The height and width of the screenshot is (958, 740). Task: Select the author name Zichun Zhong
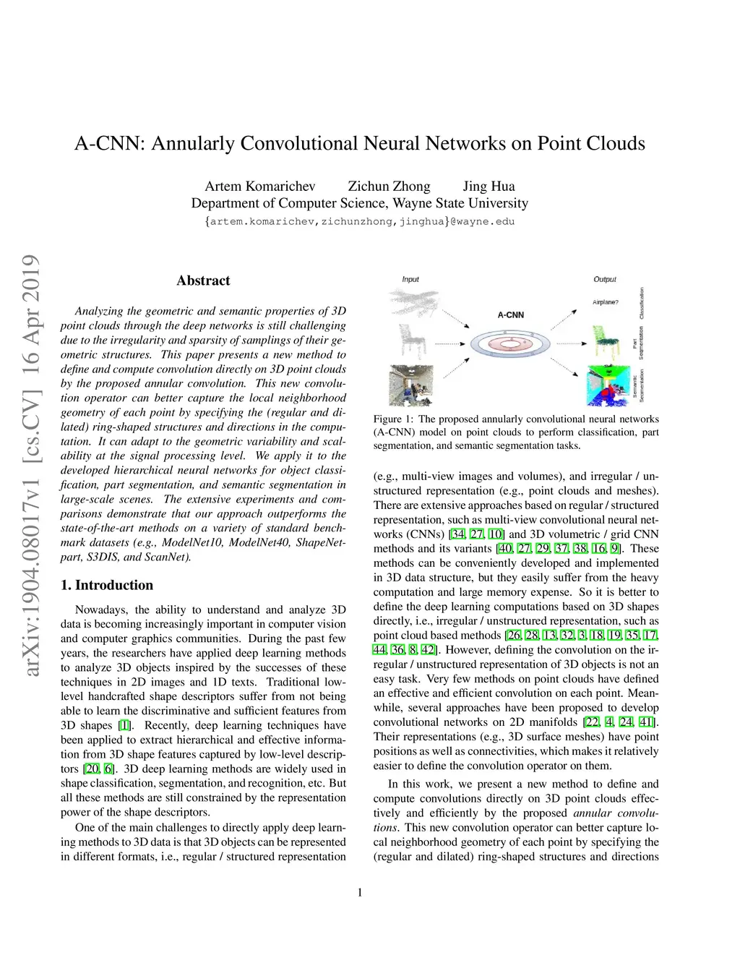[x=389, y=186]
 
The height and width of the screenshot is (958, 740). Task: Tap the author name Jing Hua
[x=489, y=186]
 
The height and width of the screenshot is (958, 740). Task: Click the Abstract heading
[x=203, y=281]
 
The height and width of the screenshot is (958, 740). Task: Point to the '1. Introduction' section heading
[x=107, y=585]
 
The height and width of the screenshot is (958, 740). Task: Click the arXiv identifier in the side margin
[x=30, y=466]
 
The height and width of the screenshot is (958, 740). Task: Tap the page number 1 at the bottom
[x=360, y=892]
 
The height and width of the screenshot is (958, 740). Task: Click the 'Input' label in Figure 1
[x=410, y=279]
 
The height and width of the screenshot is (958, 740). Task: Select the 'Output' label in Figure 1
[x=605, y=279]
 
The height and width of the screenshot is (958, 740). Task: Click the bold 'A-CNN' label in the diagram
[x=510, y=315]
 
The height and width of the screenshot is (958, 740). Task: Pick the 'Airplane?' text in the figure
[x=606, y=302]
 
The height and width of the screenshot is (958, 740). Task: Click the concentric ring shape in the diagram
[x=509, y=343]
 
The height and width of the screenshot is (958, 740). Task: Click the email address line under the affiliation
[x=360, y=221]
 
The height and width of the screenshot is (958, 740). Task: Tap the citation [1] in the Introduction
[x=125, y=725]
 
